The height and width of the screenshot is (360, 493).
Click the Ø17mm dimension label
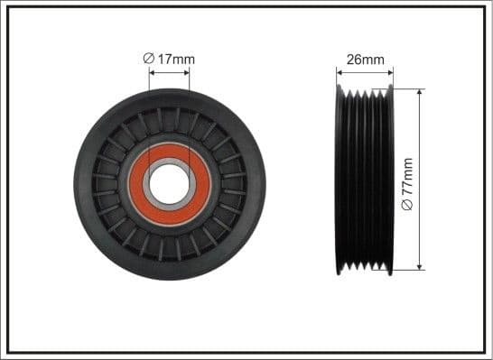[x=169, y=60]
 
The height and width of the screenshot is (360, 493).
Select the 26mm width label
[x=366, y=60]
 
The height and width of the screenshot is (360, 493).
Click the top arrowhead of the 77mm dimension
[x=420, y=93]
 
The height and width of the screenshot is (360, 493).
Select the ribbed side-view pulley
[x=365, y=180]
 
